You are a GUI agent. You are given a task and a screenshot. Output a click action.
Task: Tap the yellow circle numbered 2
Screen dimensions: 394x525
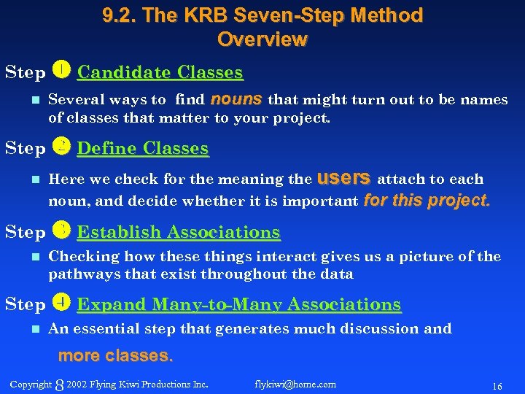tap(62, 147)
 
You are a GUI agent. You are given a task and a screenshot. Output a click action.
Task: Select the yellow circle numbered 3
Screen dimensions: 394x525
tap(62, 231)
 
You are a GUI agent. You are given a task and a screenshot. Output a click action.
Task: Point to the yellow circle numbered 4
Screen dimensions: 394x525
tap(62, 303)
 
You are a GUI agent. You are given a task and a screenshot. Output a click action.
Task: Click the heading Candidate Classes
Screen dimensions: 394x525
tap(160, 72)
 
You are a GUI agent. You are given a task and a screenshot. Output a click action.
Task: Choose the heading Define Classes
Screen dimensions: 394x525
tap(142, 148)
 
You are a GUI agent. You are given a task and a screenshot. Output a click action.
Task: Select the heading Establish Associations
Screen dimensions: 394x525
tap(178, 232)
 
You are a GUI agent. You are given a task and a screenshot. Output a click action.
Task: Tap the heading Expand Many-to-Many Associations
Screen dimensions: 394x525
tap(238, 304)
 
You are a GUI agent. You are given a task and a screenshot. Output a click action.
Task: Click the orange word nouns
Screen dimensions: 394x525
tap(238, 98)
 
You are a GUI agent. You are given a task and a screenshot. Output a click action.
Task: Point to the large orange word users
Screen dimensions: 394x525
tap(346, 177)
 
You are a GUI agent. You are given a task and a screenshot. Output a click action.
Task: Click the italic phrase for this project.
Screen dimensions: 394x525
tap(427, 200)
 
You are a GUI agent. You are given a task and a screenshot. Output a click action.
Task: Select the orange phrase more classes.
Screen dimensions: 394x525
tap(115, 356)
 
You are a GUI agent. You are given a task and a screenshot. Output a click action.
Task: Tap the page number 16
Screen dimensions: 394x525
tap(497, 385)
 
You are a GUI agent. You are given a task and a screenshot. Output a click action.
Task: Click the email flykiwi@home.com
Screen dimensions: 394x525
tap(295, 384)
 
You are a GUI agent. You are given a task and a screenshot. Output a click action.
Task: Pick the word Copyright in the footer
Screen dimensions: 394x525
tap(31, 384)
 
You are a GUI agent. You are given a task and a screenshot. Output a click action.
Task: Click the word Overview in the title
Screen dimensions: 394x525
tap(262, 39)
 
